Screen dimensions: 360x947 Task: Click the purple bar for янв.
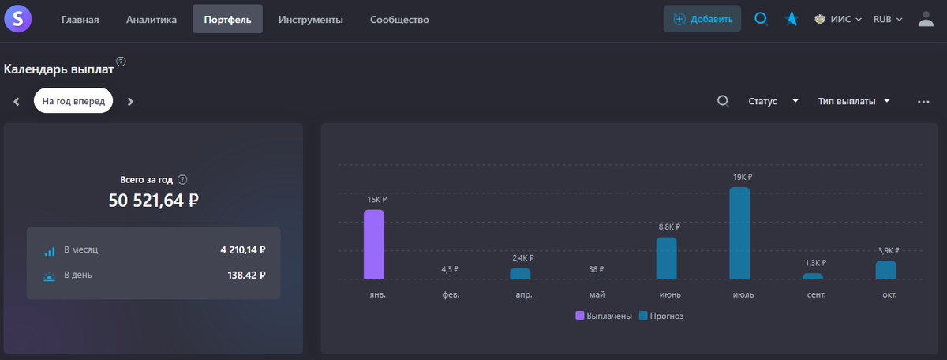374,245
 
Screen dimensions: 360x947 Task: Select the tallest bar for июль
739,234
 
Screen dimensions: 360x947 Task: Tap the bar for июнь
667,258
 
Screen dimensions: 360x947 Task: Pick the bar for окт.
885,270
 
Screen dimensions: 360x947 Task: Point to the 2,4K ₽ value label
522,258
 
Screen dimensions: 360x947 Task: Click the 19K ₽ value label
742,178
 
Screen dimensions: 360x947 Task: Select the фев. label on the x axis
451,294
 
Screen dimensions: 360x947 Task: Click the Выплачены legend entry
604,316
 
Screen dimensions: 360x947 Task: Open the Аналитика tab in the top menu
152,20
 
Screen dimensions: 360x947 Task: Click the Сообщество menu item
399,20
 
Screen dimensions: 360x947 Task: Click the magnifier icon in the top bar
761,19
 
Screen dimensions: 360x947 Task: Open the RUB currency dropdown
887,20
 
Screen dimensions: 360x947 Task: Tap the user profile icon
926,19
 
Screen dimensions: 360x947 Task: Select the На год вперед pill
73,101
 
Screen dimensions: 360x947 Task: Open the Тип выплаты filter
854,101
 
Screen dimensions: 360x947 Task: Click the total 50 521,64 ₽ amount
153,201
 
